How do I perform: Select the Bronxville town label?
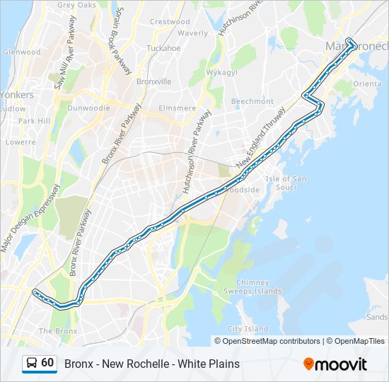click(153, 81)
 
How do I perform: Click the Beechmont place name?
click(252, 101)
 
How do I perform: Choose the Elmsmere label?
click(178, 108)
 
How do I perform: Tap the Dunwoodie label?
click(88, 108)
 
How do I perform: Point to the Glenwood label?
click(21, 52)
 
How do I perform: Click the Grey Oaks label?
click(76, 5)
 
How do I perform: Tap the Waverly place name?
click(192, 33)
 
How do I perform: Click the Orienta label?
click(367, 83)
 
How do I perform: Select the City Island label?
click(248, 329)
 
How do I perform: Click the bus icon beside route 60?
click(31, 364)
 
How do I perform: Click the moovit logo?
click(335, 364)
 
